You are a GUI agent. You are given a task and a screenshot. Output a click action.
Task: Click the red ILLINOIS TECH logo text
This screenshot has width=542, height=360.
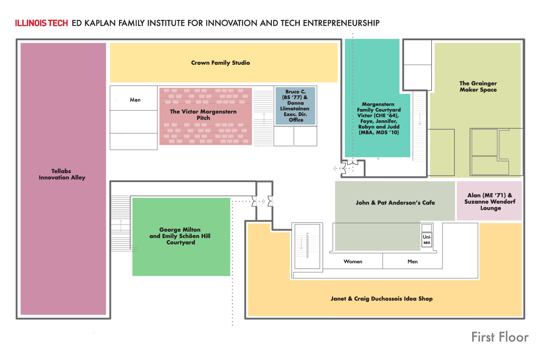(41, 23)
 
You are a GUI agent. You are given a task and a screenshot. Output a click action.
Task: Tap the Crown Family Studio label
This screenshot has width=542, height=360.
(220, 63)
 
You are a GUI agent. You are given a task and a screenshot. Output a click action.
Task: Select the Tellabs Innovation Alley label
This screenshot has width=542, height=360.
(62, 174)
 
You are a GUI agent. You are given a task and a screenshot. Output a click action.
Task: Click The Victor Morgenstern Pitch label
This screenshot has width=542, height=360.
(203, 115)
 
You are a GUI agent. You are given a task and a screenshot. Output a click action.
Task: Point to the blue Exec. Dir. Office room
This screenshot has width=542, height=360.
(295, 106)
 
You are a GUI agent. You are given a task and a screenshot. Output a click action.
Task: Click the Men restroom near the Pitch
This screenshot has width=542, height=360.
(135, 100)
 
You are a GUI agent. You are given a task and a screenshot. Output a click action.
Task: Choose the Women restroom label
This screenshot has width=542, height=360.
(353, 261)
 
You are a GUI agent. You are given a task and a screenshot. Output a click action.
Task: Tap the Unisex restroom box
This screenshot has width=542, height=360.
(426, 239)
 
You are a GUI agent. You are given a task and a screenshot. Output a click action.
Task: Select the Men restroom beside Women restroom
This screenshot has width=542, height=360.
(412, 261)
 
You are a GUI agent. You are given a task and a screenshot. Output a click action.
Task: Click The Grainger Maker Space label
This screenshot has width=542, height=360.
(478, 87)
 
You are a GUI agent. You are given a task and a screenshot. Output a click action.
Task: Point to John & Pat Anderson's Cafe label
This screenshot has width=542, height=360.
(395, 202)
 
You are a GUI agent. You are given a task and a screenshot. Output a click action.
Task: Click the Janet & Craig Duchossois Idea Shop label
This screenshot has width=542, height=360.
(382, 299)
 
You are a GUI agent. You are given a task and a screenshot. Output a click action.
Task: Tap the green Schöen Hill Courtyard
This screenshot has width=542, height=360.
(181, 236)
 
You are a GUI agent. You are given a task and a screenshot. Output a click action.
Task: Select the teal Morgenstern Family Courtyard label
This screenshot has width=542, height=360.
(378, 118)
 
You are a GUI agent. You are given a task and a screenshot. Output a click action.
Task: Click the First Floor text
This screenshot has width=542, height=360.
(500, 337)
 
